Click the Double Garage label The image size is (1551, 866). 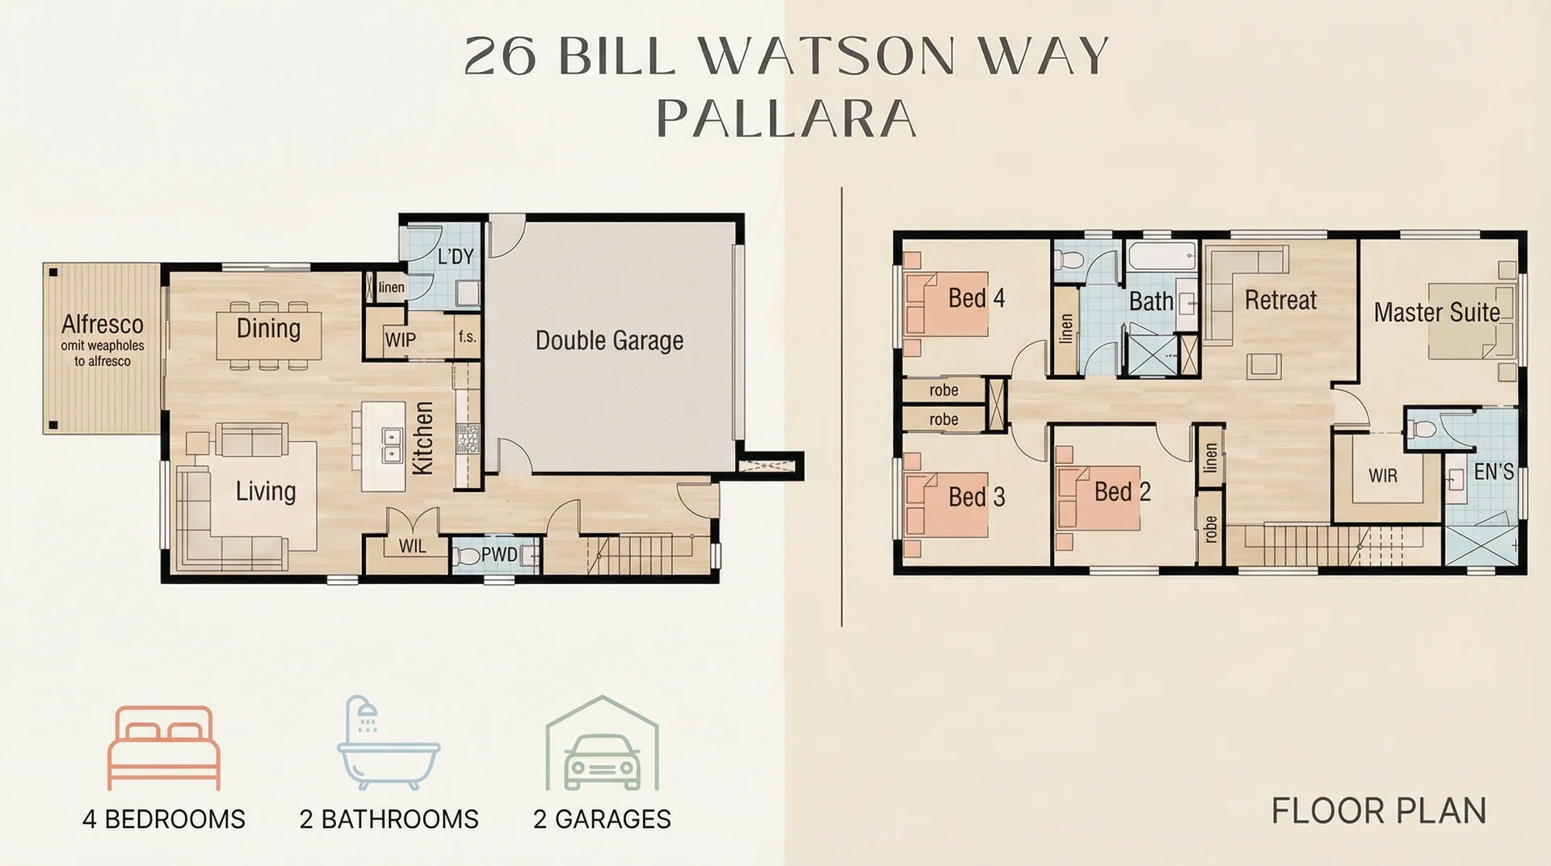pyautogui.click(x=609, y=341)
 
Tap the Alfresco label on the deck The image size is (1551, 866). pyautogui.click(x=103, y=324)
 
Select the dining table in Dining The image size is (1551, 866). pyautogui.click(x=269, y=335)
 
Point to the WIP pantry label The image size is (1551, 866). pyautogui.click(x=401, y=339)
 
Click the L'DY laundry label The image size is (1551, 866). pyautogui.click(x=455, y=256)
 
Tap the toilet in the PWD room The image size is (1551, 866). pyautogui.click(x=466, y=556)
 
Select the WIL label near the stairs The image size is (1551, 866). pyautogui.click(x=412, y=546)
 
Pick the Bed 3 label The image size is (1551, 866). pyautogui.click(x=976, y=496)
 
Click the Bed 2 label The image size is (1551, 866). pyautogui.click(x=1121, y=491)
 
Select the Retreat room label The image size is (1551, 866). pyautogui.click(x=1280, y=301)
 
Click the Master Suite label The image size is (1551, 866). pyautogui.click(x=1436, y=312)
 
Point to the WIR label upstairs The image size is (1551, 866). pyautogui.click(x=1382, y=476)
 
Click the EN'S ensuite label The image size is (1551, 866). pyautogui.click(x=1493, y=472)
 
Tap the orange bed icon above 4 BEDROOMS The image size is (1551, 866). pyautogui.click(x=164, y=747)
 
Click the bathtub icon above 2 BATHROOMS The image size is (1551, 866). pyautogui.click(x=388, y=743)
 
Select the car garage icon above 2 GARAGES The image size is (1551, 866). pyautogui.click(x=602, y=745)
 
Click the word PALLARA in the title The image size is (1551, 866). pyautogui.click(x=786, y=119)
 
